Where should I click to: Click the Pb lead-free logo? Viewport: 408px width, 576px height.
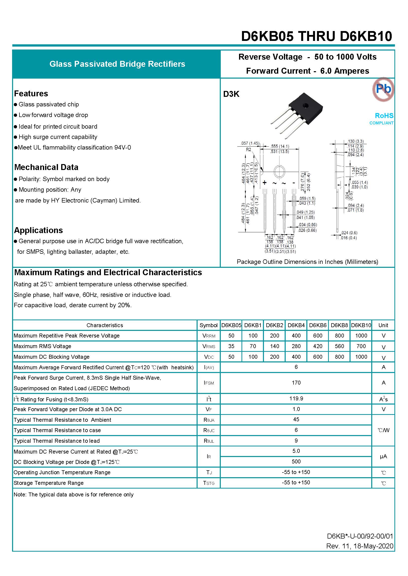click(383, 89)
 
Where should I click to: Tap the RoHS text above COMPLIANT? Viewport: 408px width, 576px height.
click(384, 116)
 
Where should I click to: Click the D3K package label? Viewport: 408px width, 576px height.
click(231, 94)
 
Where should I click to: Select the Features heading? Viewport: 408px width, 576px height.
click(31, 94)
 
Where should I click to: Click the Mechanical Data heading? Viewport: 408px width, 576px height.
click(46, 167)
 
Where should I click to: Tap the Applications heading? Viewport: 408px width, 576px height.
click(38, 230)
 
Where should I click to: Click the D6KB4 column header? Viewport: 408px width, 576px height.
click(296, 325)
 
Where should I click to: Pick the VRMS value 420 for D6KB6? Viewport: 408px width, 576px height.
click(317, 346)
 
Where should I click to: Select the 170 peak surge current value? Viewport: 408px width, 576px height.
click(296, 383)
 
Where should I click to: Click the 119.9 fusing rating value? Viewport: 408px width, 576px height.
click(296, 398)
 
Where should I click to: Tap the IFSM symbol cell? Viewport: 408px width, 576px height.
click(208, 383)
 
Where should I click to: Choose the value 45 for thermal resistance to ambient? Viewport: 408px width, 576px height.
click(296, 420)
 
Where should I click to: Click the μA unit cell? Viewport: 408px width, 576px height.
click(383, 456)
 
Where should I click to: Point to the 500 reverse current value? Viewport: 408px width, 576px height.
click(296, 461)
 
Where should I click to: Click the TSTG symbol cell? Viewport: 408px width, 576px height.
click(208, 483)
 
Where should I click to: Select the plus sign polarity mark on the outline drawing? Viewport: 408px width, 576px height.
click(264, 183)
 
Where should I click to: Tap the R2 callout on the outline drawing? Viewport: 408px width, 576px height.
click(248, 150)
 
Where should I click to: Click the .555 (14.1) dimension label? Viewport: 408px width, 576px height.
click(280, 146)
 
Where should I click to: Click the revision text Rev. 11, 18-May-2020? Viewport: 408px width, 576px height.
click(359, 546)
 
